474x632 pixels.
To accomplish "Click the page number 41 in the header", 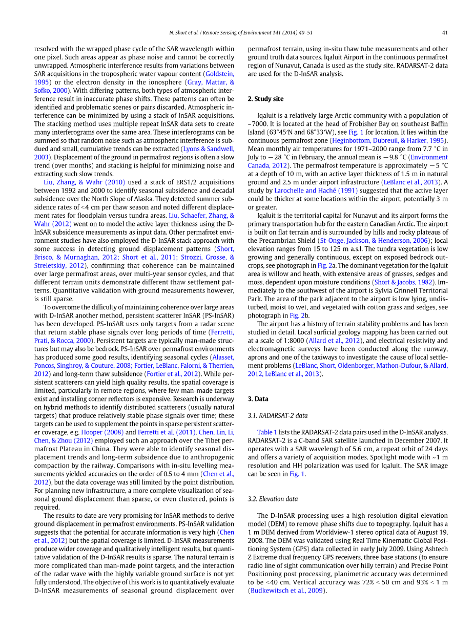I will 445,33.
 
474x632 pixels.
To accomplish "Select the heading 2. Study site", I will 265,99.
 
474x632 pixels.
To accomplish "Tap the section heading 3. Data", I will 258,398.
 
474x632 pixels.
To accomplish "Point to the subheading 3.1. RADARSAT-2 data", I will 278,415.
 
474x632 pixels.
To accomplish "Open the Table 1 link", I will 267,432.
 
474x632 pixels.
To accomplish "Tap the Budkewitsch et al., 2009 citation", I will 287,590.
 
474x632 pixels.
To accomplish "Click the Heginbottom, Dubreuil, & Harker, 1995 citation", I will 389,140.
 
